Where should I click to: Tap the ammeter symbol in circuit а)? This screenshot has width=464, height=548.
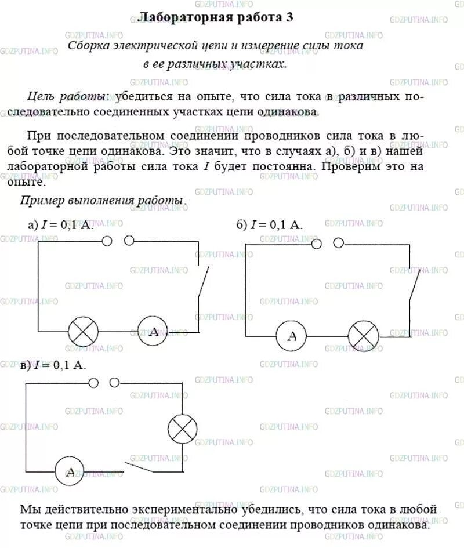pyautogui.click(x=153, y=332)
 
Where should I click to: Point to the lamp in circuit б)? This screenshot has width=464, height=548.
pyautogui.click(x=363, y=336)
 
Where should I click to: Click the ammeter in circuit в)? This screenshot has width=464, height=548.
pyautogui.click(x=71, y=471)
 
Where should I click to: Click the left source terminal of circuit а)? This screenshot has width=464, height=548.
pyautogui.click(x=107, y=241)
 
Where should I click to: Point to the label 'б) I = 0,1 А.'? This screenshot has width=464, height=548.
pyautogui.click(x=269, y=225)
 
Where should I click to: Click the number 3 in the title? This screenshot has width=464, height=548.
pyautogui.click(x=289, y=17)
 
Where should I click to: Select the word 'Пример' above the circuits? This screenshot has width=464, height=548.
pyautogui.click(x=43, y=201)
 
